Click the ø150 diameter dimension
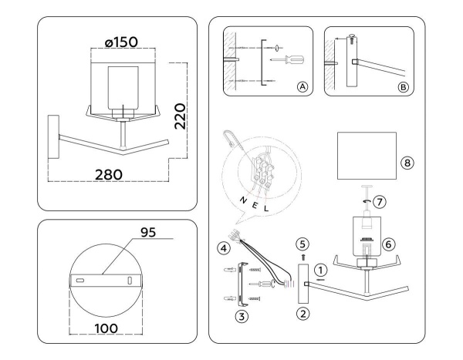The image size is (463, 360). coord(121,42)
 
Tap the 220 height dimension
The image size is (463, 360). coord(180,116)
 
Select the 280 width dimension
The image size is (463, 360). coord(108,175)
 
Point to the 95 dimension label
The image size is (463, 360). coord(148,233)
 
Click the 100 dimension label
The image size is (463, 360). coord(106,328)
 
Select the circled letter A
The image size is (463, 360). coord(302,87)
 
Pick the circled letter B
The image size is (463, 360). coord(403,87)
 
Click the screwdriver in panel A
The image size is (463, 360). coord(287,60)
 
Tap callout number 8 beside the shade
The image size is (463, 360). coord(407,163)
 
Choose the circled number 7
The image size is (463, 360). coord(380,202)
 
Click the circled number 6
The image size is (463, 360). coord(388,244)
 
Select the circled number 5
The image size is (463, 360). coord(302,244)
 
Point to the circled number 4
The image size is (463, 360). coord(224,248)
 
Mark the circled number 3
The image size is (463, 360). coord(242,317)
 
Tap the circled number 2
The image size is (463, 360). coord(303,314)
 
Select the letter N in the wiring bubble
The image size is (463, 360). coord(243,200)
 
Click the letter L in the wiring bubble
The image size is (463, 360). coord(266,209)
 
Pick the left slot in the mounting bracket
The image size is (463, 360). coord(79,280)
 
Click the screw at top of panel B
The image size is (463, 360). coord(351,39)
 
